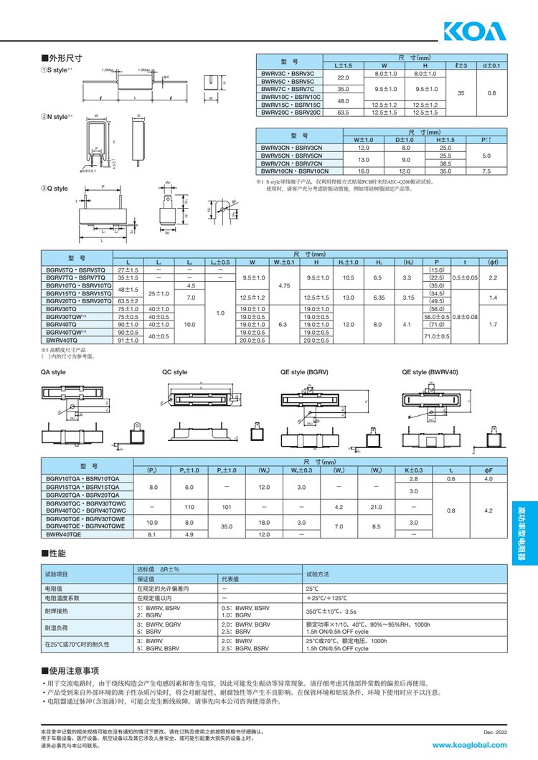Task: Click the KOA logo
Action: click(x=474, y=32)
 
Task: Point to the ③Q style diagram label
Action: click(x=55, y=189)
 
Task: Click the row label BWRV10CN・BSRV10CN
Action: click(x=295, y=171)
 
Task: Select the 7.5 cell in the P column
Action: click(x=486, y=171)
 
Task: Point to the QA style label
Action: click(x=53, y=373)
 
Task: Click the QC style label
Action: click(x=175, y=373)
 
